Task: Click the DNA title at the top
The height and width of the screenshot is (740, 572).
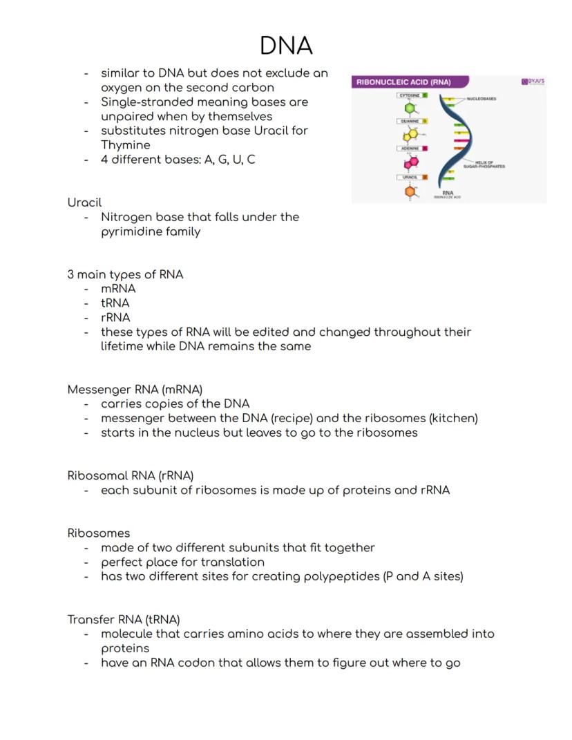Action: click(x=286, y=46)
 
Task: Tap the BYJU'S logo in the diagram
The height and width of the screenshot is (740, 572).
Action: click(x=533, y=82)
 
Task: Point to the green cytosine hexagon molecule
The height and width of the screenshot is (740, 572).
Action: click(x=410, y=108)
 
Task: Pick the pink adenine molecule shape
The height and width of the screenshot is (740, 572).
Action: click(x=411, y=162)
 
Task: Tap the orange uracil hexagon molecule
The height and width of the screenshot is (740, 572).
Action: click(x=410, y=191)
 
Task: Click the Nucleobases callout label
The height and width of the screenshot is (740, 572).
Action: click(x=481, y=99)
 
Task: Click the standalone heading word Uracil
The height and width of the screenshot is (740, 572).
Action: click(x=84, y=202)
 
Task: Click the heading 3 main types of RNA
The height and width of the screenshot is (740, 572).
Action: click(x=125, y=274)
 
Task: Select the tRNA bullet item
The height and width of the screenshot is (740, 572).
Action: click(x=115, y=303)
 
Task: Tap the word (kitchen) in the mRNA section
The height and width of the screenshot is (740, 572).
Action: click(x=453, y=418)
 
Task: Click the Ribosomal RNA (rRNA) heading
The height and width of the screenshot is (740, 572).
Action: click(x=130, y=475)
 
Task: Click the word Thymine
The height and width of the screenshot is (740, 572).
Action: click(x=125, y=145)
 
